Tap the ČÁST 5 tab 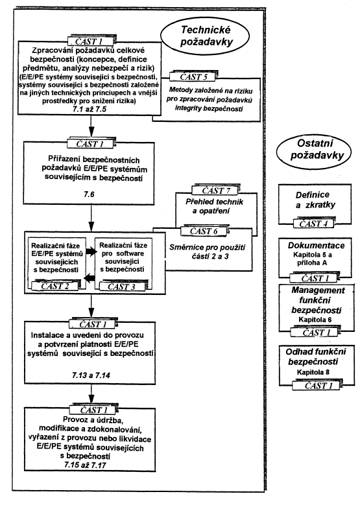(193, 76)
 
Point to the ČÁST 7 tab (215, 191)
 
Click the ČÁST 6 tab (205, 231)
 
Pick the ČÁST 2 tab (54, 286)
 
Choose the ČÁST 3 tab (121, 287)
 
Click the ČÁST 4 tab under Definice (313, 224)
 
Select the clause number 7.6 (89, 194)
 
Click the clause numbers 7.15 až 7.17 (85, 465)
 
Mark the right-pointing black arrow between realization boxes (91, 252)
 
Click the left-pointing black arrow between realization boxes (89, 277)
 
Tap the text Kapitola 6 (315, 320)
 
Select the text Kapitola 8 (313, 372)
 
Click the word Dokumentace (316, 246)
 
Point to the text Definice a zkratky (311, 200)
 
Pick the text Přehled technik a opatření (214, 206)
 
